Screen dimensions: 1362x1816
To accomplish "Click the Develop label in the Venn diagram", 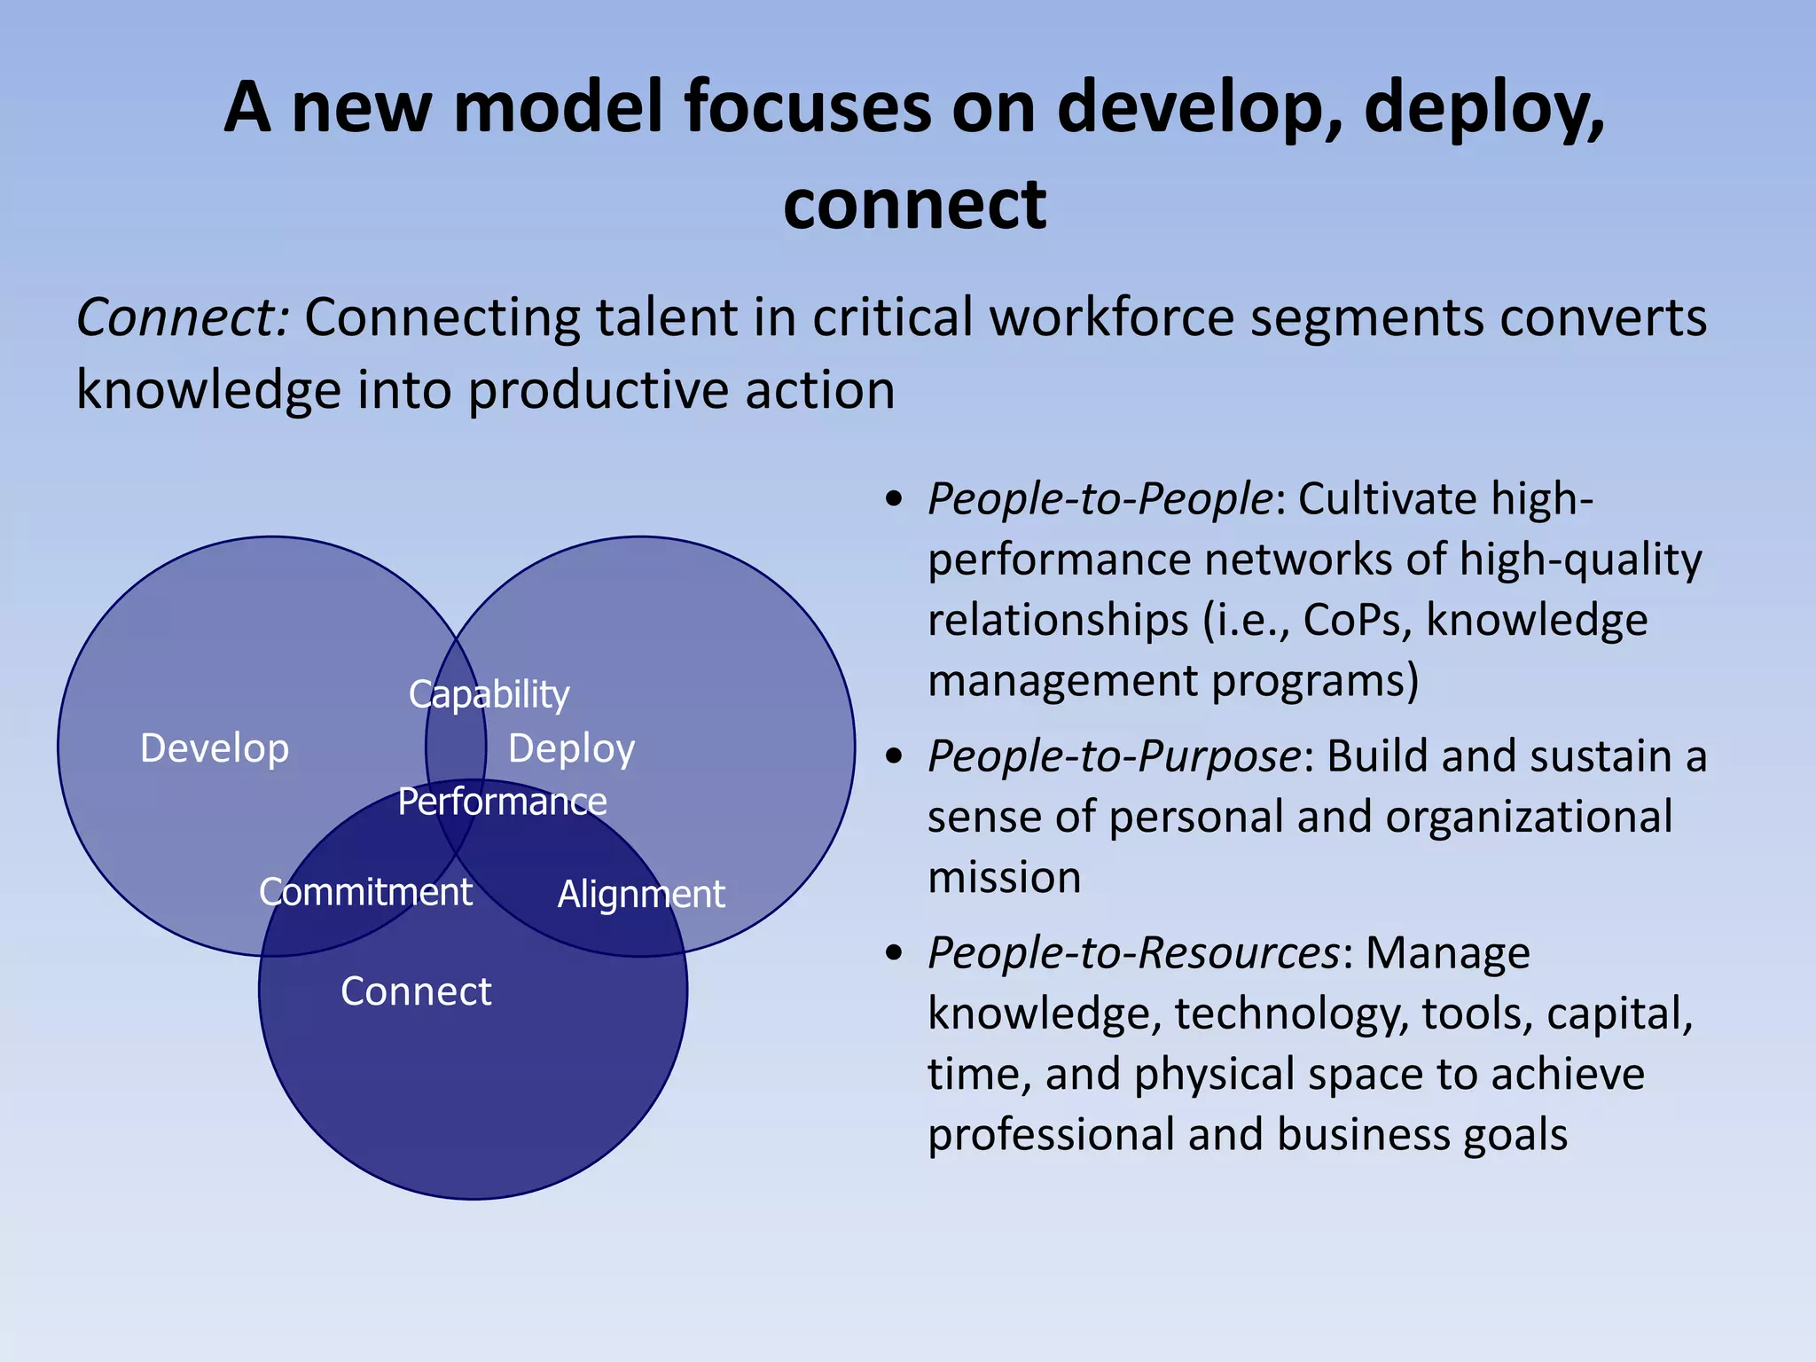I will tap(215, 748).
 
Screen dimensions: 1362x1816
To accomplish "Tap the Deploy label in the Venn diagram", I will tap(571, 749).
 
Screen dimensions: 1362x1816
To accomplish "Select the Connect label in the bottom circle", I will tap(416, 991).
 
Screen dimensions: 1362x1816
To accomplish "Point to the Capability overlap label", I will tap(489, 695).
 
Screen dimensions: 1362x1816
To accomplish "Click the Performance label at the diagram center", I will tap(502, 802).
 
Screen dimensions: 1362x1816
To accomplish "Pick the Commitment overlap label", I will tap(365, 892).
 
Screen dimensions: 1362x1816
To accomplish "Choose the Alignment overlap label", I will tap(641, 894).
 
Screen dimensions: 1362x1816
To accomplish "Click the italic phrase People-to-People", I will tap(1100, 498).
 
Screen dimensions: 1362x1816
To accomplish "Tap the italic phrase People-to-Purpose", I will tap(1114, 756).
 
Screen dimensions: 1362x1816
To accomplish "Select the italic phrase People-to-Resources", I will tap(1133, 953).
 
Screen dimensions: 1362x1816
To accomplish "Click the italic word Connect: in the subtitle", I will tap(183, 317).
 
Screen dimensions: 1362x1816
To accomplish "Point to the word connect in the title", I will tap(914, 204).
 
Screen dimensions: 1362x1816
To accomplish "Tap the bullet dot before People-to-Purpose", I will tap(895, 756).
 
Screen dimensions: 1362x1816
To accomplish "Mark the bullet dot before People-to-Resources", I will tap(895, 953).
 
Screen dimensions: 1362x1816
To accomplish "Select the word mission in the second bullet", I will tap(1004, 878).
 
